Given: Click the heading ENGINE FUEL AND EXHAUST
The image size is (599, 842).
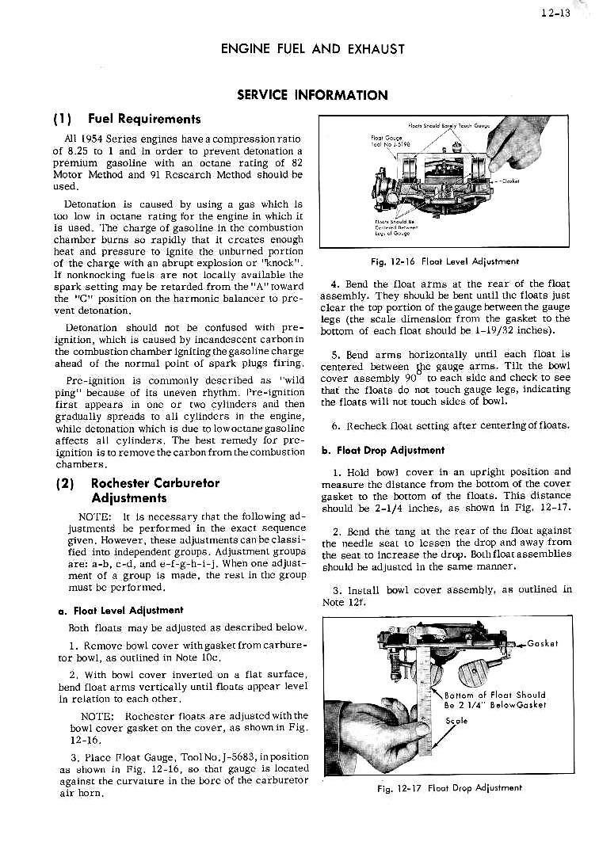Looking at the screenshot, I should (313, 49).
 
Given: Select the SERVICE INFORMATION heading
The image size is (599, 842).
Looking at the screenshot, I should (313, 96).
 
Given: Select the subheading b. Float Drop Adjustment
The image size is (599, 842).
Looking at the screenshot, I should (382, 450).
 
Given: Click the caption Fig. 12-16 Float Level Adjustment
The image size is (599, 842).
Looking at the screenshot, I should (448, 261).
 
